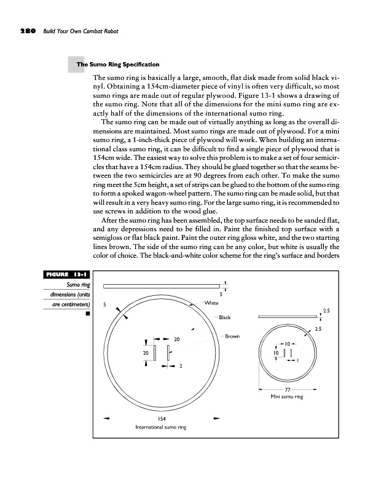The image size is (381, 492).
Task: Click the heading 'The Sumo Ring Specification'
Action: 117,64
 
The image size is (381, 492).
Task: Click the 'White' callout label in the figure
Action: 211,303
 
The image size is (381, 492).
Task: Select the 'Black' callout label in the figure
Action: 224,317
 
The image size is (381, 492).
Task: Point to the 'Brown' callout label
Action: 232,336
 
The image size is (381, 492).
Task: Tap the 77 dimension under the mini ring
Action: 288,390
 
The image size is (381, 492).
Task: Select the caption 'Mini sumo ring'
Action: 288,397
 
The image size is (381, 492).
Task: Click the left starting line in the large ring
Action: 155,353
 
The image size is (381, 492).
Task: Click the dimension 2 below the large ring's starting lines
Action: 181,367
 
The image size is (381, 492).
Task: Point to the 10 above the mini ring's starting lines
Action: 287,343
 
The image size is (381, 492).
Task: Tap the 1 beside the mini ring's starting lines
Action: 297,360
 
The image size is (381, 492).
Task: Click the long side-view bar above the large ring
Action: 162,286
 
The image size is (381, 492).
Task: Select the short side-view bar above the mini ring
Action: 288,316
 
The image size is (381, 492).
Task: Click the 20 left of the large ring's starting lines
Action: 146,353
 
